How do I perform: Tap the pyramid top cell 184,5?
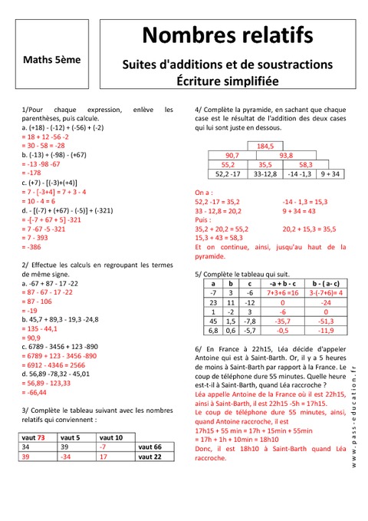[265, 146]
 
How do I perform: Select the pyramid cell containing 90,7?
[232, 155]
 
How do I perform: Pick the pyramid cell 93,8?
[286, 155]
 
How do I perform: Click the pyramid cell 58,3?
[305, 164]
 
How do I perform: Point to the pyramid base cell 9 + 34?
[331, 173]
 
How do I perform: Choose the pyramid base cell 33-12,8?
[265, 173]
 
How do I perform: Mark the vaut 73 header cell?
[34, 437]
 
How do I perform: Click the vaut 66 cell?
[149, 446]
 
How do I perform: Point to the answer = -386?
[34, 247]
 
